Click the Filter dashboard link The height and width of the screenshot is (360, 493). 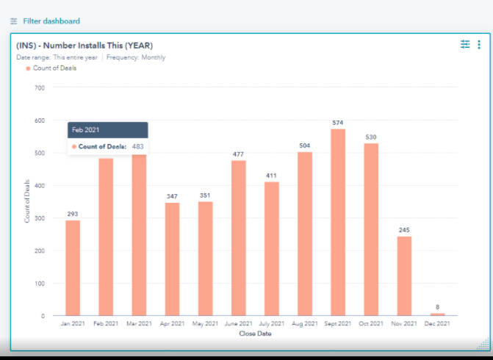coord(51,21)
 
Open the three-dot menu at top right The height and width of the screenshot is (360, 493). coord(479,45)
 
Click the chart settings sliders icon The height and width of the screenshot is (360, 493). coord(464,45)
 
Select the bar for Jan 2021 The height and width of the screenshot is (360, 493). coord(73,268)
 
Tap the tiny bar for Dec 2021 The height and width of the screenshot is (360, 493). coord(438,314)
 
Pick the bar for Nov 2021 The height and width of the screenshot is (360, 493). coord(404,276)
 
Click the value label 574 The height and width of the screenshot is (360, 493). coord(338,123)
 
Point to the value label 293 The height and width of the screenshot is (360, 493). coord(73,215)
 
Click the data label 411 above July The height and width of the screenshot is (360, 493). coord(272,176)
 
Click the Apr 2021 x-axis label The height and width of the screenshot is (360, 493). coord(172,324)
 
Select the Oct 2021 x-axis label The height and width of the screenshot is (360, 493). coord(371,324)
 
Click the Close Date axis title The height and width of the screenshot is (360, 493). coord(255,334)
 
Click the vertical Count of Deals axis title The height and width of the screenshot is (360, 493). coord(27,202)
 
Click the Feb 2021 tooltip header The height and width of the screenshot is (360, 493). coord(107,129)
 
